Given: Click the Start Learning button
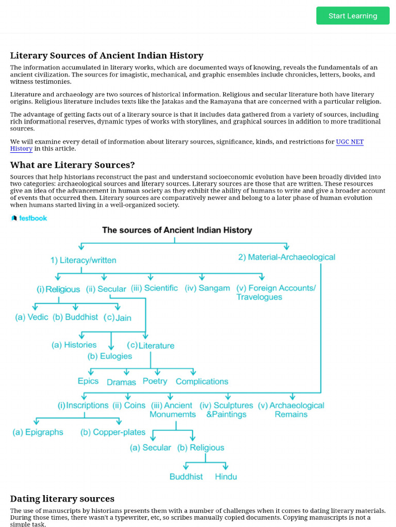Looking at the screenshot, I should click(x=353, y=16).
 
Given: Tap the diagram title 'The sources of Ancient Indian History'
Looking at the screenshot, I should click(x=177, y=230).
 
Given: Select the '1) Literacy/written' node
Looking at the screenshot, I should click(x=83, y=260).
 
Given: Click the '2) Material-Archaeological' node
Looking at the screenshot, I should click(x=286, y=257).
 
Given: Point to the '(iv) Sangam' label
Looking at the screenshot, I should click(x=207, y=288).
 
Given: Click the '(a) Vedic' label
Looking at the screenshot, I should click(x=31, y=317).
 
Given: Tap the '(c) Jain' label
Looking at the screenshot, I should click(x=118, y=318).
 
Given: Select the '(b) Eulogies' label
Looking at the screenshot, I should click(x=109, y=356).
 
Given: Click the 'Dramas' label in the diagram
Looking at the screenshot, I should click(x=121, y=382).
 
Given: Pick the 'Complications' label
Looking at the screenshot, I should click(x=202, y=381).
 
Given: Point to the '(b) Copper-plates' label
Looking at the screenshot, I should click(x=113, y=432).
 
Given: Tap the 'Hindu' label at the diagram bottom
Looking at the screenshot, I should click(x=226, y=477).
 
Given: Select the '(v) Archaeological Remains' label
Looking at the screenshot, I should click(x=291, y=410).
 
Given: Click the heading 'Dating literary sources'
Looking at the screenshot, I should click(x=62, y=499).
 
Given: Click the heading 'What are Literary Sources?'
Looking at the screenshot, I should click(x=72, y=165).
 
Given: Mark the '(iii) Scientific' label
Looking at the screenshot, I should click(x=154, y=288).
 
